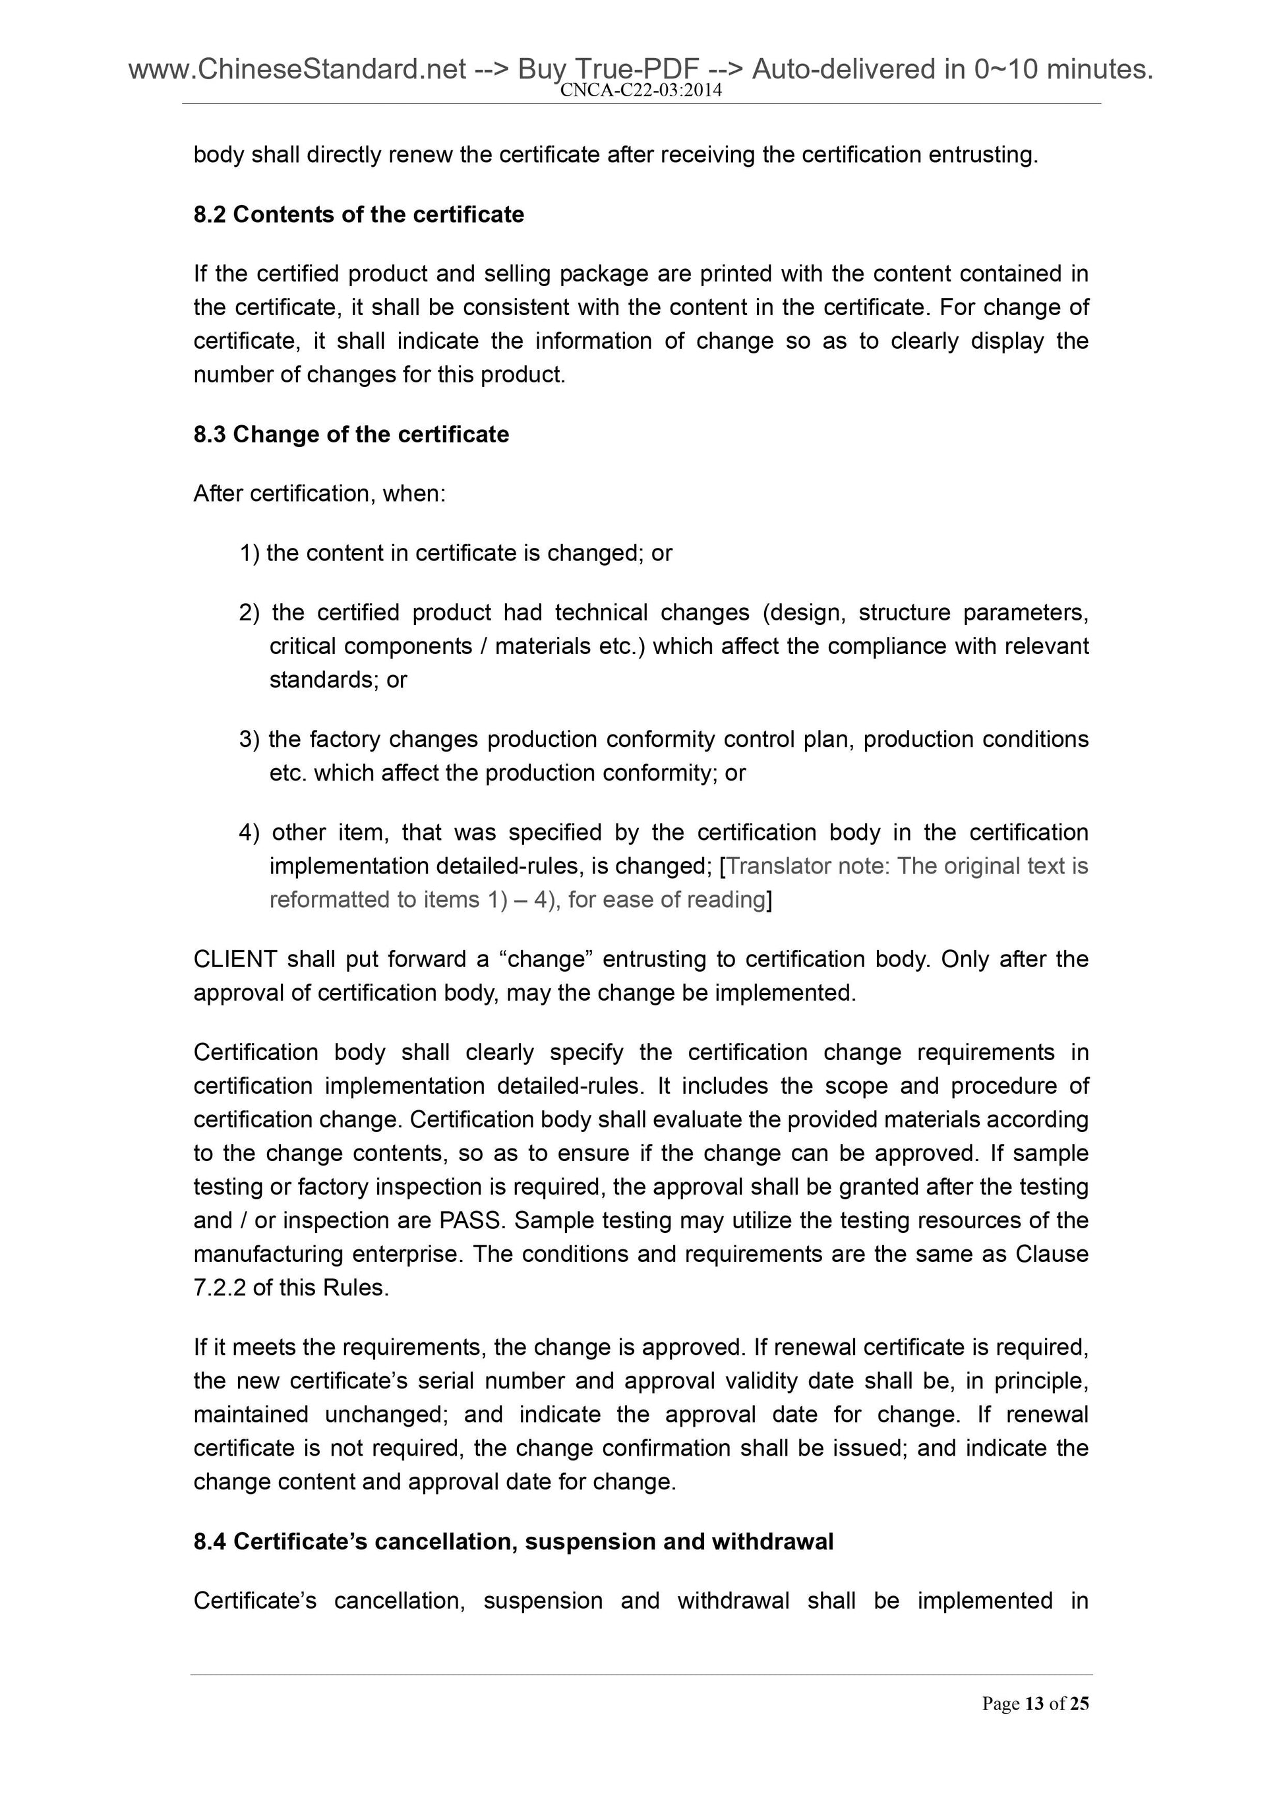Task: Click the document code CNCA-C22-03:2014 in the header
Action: [640, 91]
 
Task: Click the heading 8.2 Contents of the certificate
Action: [358, 214]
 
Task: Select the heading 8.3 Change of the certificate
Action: [351, 434]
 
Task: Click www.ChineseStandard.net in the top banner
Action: [297, 71]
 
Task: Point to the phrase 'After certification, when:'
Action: [319, 493]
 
